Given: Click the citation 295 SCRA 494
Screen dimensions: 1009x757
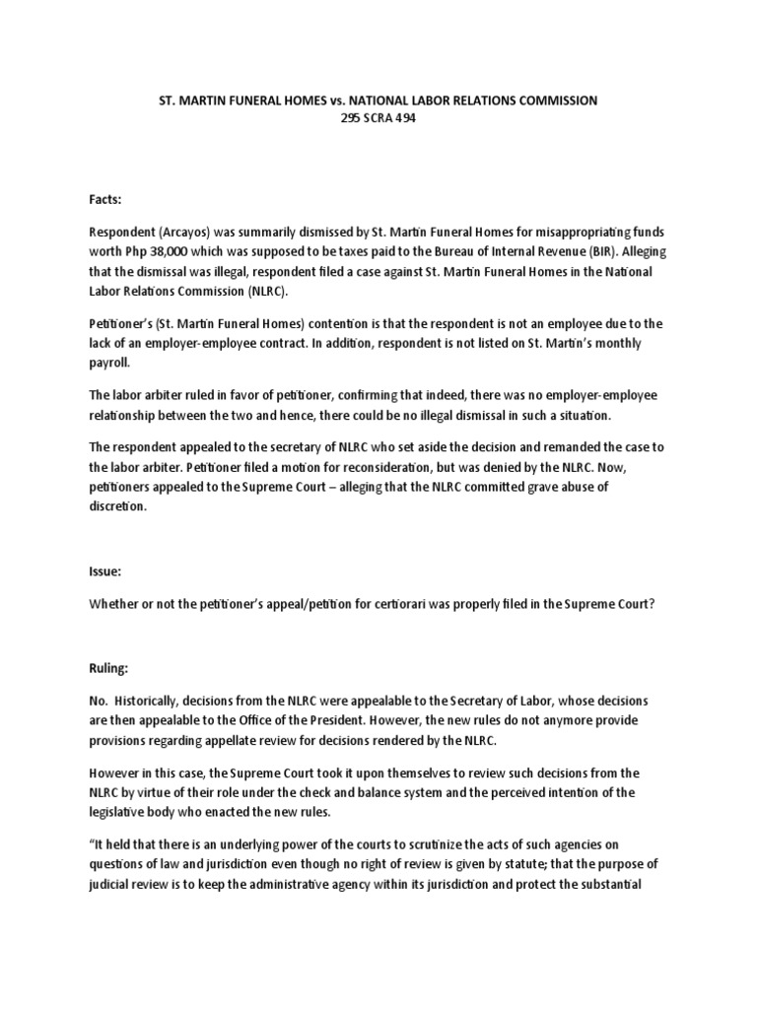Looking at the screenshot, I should (x=378, y=118).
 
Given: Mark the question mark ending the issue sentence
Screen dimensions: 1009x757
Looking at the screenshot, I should (x=651, y=604).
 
